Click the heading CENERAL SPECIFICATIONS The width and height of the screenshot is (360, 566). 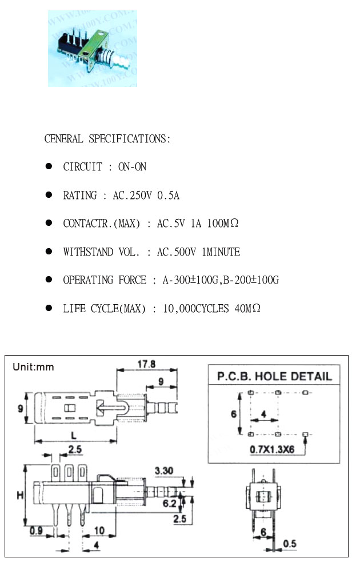point(107,139)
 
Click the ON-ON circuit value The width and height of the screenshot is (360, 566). point(132,167)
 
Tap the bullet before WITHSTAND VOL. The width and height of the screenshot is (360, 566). point(49,251)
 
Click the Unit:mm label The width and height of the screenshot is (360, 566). point(33,367)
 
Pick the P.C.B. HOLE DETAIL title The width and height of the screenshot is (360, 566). point(274,376)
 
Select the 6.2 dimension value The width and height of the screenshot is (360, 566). point(170,503)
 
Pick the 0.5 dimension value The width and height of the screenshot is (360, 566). point(290,543)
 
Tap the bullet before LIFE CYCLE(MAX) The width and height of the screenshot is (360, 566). point(49,308)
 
